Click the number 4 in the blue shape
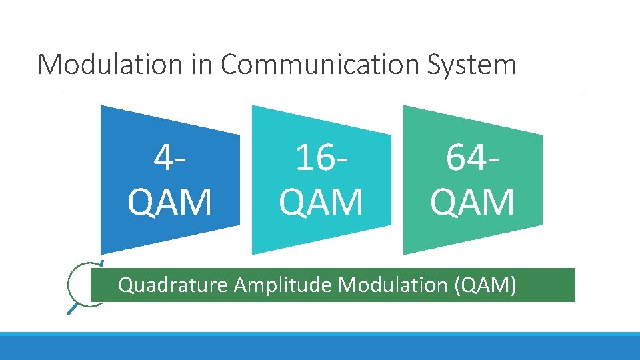(163, 159)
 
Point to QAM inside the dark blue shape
(170, 202)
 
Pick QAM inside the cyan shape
(321, 202)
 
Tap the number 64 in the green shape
(464, 159)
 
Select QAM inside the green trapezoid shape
(473, 202)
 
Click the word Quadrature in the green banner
(173, 285)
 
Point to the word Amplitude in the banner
(283, 285)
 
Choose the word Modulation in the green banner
(393, 285)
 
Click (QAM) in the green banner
(485, 285)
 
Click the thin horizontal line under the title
(324, 91)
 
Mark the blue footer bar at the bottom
(320, 346)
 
